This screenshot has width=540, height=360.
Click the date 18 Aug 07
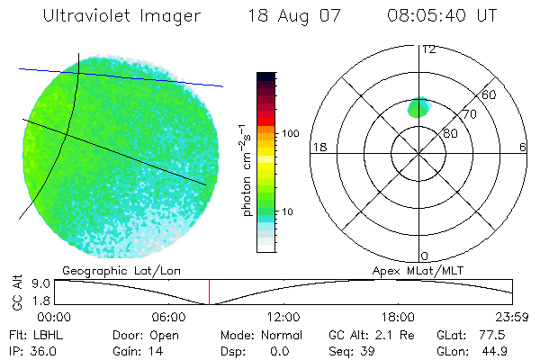[x=286, y=16]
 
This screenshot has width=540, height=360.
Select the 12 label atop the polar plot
[x=428, y=49]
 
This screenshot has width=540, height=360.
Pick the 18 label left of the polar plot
[x=318, y=147]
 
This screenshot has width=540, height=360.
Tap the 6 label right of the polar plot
[x=523, y=147]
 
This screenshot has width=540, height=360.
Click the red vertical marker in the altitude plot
[x=209, y=292]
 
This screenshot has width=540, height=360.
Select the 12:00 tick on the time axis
[x=283, y=317]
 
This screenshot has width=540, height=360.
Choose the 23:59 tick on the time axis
[x=510, y=317]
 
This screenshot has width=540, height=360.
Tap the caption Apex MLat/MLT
[x=415, y=270]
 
